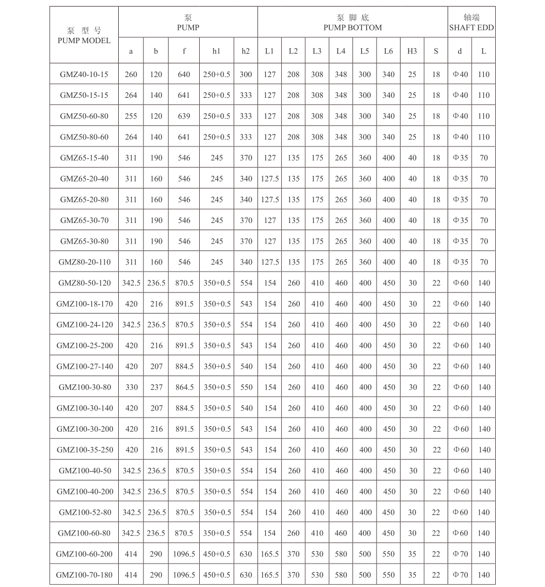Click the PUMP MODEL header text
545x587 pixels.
pos(84,40)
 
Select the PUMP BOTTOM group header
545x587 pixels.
pos(352,27)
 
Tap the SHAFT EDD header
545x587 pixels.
pos(471,27)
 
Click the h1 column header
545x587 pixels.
pos(217,51)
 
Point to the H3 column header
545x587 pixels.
pos(412,51)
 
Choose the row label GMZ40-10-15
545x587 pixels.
pos(84,74)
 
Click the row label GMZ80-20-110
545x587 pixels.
pos(84,262)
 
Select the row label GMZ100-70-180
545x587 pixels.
pos(84,575)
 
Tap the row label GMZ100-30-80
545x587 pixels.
pos(84,388)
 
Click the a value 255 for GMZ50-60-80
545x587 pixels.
pos(131,116)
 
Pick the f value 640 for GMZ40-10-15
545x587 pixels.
pos(184,74)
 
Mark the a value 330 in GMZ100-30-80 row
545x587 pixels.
pos(131,388)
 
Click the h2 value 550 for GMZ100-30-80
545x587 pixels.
pos(246,388)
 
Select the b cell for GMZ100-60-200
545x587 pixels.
pos(156,554)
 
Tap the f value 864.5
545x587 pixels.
pos(184,388)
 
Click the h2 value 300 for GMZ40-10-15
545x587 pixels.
pos(246,74)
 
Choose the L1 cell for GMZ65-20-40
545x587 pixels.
pos(270,179)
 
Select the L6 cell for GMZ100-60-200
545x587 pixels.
pos(389,554)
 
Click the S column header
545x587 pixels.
pos(436,51)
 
